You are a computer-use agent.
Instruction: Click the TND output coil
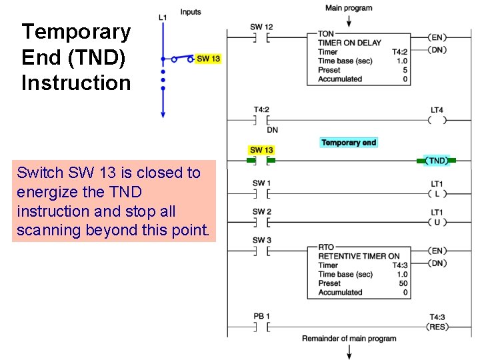click(x=437, y=161)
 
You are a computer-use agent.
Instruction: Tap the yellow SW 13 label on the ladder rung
click(x=261, y=150)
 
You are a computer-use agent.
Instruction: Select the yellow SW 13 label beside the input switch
click(x=209, y=59)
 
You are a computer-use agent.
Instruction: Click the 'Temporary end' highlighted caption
click(x=349, y=142)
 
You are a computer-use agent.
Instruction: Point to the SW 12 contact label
click(x=261, y=27)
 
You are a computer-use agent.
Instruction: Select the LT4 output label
click(x=437, y=109)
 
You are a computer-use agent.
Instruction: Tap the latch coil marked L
click(x=437, y=194)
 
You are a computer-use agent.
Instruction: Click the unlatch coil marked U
click(x=437, y=222)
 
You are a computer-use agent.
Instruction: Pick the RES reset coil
click(x=437, y=327)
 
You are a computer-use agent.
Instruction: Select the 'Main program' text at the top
click(x=349, y=8)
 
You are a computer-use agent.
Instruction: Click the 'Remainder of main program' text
click(x=349, y=339)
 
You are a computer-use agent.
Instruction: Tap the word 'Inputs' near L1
click(x=191, y=12)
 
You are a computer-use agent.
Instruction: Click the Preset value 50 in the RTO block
click(x=403, y=283)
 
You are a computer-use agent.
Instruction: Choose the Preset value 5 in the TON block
click(x=405, y=70)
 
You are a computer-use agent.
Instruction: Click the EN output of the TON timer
click(x=437, y=38)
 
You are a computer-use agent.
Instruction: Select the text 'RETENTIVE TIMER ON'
click(x=359, y=256)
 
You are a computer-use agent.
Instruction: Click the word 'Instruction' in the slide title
click(x=76, y=83)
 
